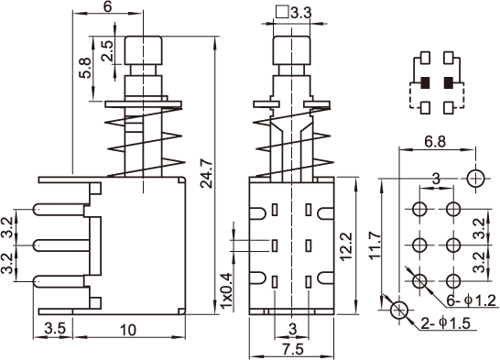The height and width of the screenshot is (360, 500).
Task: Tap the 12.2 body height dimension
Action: click(346, 246)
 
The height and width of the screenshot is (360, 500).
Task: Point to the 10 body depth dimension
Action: click(128, 330)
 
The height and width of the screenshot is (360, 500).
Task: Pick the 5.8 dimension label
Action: click(85, 68)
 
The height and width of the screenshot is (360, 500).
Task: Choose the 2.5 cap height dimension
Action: click(107, 50)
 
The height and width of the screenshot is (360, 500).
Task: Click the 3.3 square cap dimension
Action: click(301, 14)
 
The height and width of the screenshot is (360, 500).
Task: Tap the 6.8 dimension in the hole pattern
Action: click(435, 141)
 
